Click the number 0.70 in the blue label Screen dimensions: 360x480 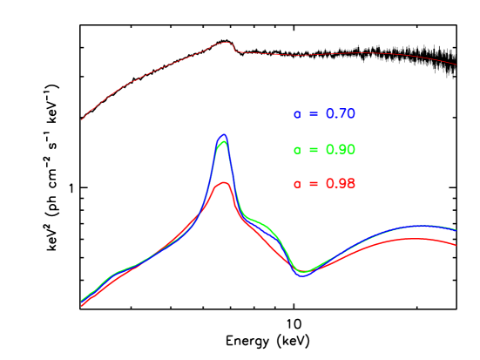click(341, 114)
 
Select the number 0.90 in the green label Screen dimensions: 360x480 click(341, 150)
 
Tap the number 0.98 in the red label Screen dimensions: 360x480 click(341, 184)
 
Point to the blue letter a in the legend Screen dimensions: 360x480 click(297, 115)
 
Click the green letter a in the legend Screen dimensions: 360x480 click(297, 151)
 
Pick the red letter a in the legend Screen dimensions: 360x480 click(297, 185)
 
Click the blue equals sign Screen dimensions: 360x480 click(314, 114)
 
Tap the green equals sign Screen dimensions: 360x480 click(314, 150)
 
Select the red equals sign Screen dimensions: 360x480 click(314, 184)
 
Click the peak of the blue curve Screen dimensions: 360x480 click(224, 135)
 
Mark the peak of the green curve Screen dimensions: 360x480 click(223, 141)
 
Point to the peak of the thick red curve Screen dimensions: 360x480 click(224, 182)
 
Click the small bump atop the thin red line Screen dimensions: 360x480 click(224, 43)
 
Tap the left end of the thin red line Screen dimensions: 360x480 click(82, 119)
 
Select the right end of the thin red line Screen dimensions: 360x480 click(456, 64)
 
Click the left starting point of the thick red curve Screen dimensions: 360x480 click(82, 305)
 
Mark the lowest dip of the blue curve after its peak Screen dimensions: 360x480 click(302, 275)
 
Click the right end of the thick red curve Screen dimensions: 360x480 click(456, 245)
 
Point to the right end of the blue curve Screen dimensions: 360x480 click(456, 230)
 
